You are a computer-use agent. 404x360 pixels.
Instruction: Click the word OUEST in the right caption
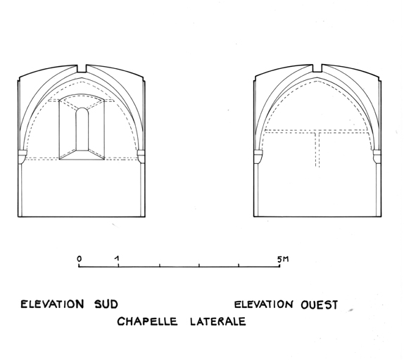(x=320, y=305)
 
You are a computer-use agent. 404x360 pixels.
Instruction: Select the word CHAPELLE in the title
(x=147, y=321)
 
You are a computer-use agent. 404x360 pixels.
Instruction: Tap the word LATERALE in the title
(x=218, y=321)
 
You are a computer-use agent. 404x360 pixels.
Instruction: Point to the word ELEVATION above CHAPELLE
(x=52, y=304)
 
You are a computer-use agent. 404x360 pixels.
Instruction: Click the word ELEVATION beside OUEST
(x=264, y=304)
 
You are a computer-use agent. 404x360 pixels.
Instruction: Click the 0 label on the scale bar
(x=80, y=259)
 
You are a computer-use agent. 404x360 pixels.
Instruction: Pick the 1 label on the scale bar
(x=118, y=259)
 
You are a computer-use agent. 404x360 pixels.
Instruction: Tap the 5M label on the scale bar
(x=283, y=259)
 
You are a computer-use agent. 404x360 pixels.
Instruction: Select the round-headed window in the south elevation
(x=82, y=129)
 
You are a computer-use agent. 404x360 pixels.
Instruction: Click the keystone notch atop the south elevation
(x=82, y=69)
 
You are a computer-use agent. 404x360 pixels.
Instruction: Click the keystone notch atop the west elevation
(x=317, y=68)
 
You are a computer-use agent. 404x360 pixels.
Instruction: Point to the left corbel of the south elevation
(x=23, y=157)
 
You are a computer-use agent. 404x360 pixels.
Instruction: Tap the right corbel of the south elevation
(x=141, y=156)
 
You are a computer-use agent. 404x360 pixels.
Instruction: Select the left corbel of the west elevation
(x=258, y=156)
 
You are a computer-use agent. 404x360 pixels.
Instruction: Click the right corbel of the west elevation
(x=377, y=156)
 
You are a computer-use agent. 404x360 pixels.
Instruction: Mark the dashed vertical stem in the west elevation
(x=317, y=150)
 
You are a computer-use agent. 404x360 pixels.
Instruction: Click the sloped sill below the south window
(x=82, y=155)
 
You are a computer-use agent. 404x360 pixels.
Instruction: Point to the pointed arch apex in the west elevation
(x=317, y=78)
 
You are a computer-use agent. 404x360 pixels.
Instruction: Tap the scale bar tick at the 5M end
(x=280, y=266)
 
